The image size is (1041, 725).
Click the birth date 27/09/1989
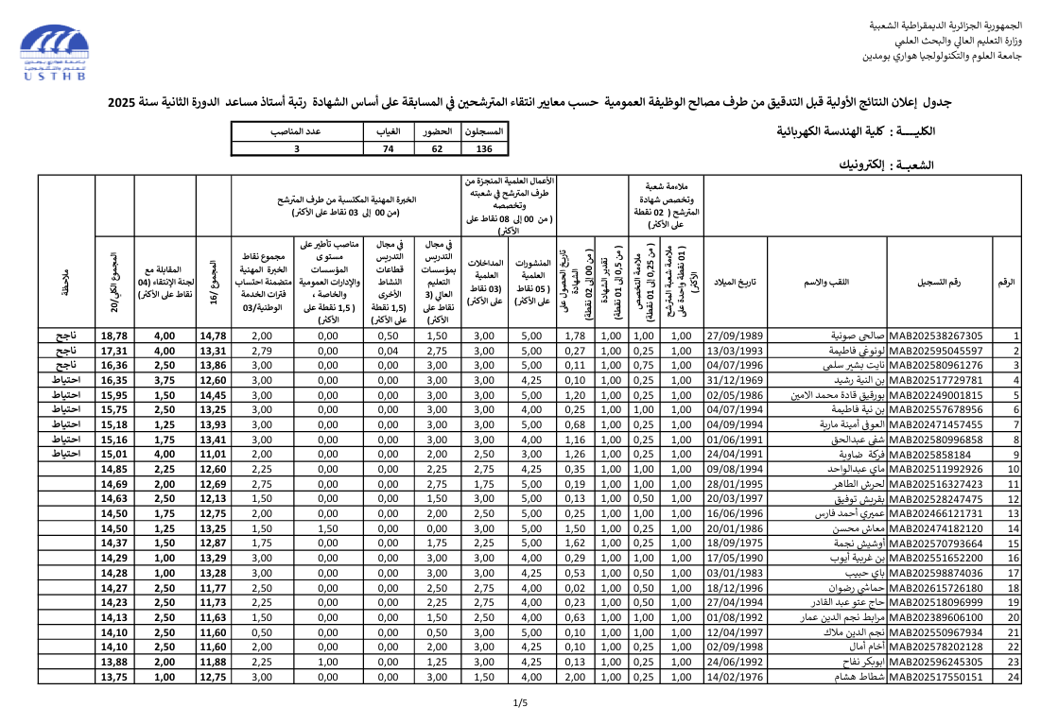[735, 336]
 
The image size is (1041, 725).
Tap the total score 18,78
[113, 336]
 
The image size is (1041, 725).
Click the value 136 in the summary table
[484, 148]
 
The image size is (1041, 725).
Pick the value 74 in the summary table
[388, 148]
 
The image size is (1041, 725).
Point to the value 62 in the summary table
[437, 148]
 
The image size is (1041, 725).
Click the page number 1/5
[520, 703]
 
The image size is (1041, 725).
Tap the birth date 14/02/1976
[735, 677]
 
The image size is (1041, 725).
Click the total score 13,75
[113, 677]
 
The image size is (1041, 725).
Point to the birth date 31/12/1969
[735, 380]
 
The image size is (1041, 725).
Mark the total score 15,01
[113, 454]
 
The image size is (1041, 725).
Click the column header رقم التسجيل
[939, 283]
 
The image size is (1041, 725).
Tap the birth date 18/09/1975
[735, 544]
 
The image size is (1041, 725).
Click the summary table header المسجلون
[484, 131]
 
